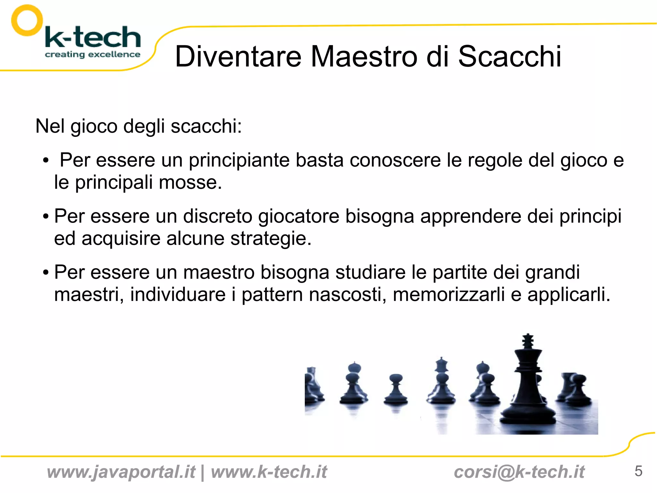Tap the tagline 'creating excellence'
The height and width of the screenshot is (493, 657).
coord(92,54)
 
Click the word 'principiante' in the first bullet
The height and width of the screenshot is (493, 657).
coord(239,160)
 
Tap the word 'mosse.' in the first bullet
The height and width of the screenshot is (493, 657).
coord(190,182)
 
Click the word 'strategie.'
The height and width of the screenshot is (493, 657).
coord(271,238)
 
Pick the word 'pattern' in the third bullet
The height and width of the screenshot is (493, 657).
coord(272,295)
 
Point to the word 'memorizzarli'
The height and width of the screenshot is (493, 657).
coord(449,295)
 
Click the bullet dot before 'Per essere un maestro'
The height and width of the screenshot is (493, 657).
coord(46,273)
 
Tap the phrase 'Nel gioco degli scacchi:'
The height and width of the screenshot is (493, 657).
coord(138,126)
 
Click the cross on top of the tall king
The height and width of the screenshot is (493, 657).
coord(528,340)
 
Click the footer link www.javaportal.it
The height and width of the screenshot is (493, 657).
coord(121,472)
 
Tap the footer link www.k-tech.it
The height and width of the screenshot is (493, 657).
coord(269,472)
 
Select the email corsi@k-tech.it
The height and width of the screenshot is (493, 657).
coord(519,472)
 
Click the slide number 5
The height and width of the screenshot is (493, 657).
coord(638,471)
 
